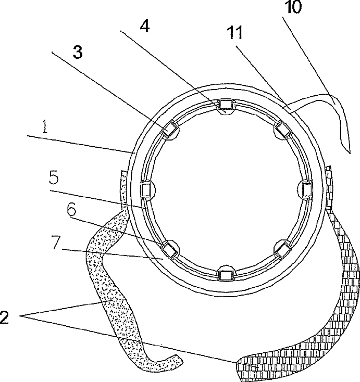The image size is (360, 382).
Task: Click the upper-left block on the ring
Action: tap(169, 130)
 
